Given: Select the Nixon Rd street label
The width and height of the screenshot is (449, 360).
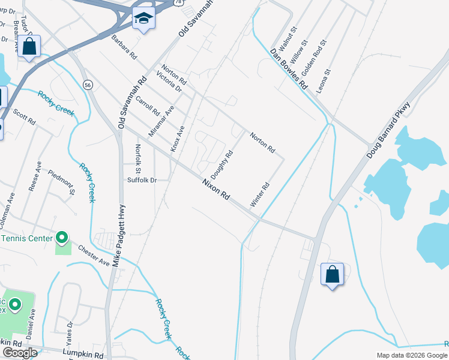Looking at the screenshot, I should pyautogui.click(x=216, y=190).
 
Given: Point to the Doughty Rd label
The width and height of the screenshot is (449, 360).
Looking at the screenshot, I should pyautogui.click(x=221, y=164).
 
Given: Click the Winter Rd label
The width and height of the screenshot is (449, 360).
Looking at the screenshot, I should pyautogui.click(x=261, y=195).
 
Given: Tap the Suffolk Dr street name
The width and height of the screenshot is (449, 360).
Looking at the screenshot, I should pyautogui.click(x=142, y=180).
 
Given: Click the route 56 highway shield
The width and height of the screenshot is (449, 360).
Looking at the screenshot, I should pyautogui.click(x=88, y=85).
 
